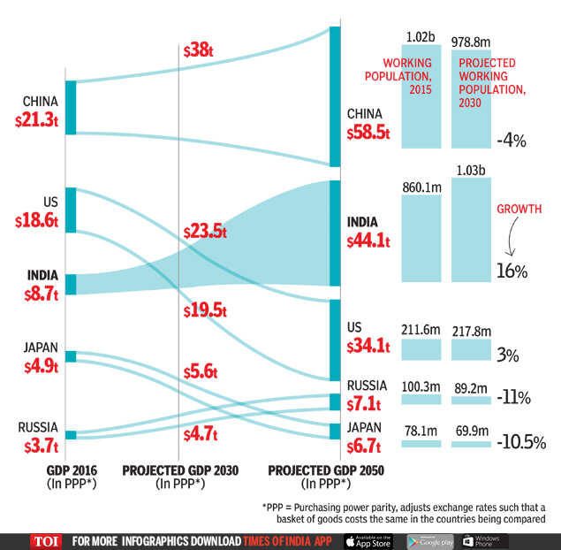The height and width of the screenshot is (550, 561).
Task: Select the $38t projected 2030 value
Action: point(198,51)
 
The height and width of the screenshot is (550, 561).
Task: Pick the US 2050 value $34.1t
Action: point(370,346)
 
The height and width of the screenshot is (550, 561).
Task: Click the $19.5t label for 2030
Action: point(205,310)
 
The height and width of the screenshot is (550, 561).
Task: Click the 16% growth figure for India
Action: point(512,271)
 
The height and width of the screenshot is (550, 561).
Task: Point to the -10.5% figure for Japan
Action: point(520,440)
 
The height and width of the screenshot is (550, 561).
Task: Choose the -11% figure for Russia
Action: point(513,398)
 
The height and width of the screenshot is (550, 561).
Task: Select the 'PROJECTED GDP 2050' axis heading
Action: point(326,470)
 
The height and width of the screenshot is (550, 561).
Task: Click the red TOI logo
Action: point(46,541)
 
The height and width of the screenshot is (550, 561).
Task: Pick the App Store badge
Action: point(367,541)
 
